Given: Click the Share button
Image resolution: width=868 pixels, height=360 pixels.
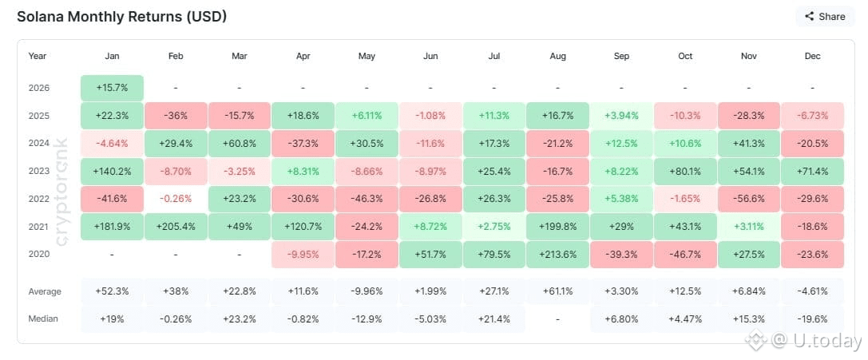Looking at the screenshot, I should pyautogui.click(x=824, y=16).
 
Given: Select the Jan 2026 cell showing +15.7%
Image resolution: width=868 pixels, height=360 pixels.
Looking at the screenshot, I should pyautogui.click(x=112, y=88).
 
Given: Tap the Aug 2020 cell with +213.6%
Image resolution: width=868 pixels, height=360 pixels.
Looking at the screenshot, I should pyautogui.click(x=557, y=254).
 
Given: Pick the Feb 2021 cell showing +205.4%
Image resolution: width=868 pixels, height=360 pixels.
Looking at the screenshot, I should pyautogui.click(x=176, y=226).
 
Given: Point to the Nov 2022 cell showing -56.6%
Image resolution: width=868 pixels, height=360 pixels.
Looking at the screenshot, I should pyautogui.click(x=748, y=199).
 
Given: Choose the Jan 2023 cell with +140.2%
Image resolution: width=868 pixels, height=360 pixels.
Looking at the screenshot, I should pyautogui.click(x=112, y=171).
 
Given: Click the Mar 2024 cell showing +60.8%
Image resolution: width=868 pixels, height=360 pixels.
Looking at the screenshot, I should pyautogui.click(x=240, y=143).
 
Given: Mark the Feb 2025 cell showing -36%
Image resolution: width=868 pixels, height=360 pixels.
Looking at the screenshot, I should pyautogui.click(x=176, y=116).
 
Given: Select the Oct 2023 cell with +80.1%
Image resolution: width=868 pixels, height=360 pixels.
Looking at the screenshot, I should pyautogui.click(x=684, y=171).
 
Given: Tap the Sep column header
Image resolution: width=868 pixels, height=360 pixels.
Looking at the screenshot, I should pyautogui.click(x=621, y=56).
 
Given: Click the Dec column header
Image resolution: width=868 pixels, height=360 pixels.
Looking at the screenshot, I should pyautogui.click(x=812, y=56).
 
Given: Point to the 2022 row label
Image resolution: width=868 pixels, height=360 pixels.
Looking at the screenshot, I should pyautogui.click(x=38, y=199).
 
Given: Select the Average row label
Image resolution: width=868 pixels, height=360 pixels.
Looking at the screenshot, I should pyautogui.click(x=45, y=291).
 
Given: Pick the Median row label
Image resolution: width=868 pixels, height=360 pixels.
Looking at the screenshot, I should pyautogui.click(x=43, y=318).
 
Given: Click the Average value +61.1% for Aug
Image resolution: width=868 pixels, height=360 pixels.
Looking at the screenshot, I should pyautogui.click(x=557, y=291).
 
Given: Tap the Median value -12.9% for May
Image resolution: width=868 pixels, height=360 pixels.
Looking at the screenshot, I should pyautogui.click(x=367, y=318).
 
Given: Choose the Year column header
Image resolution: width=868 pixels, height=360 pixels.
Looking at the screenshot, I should pyautogui.click(x=38, y=56).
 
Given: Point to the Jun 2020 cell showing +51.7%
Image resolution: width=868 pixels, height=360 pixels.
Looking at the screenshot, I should pyautogui.click(x=430, y=254).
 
